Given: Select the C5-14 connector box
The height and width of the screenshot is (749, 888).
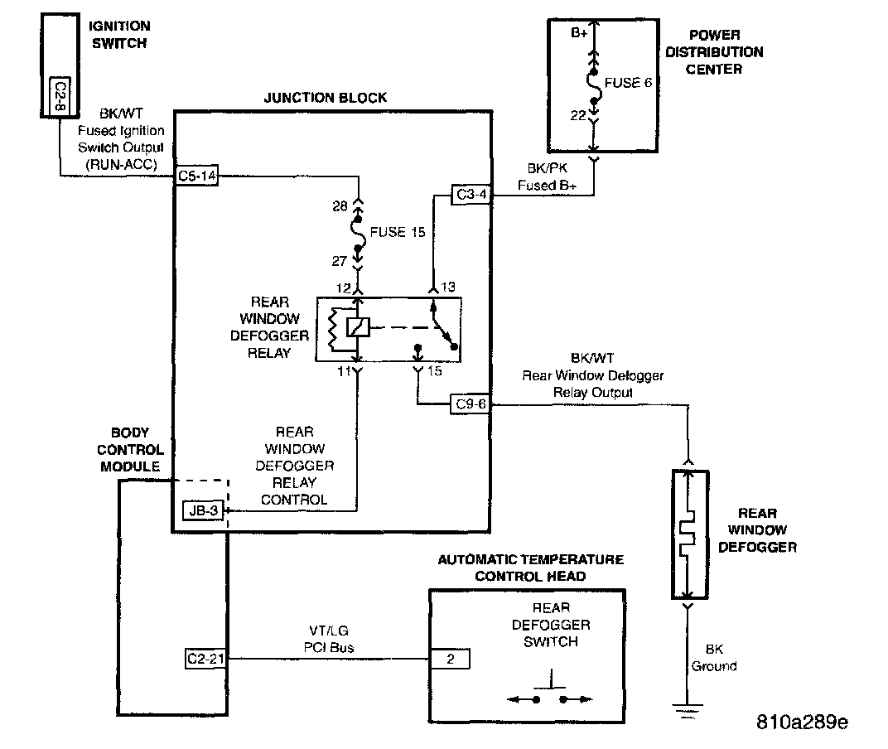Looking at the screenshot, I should click(x=197, y=176).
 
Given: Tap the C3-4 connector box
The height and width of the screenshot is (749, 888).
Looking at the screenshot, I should click(x=471, y=195).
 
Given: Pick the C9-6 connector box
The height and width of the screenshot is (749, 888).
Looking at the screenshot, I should click(x=471, y=404).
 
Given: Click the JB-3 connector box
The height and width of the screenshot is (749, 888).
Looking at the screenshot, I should click(x=203, y=510).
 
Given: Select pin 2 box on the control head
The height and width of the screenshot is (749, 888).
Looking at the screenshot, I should click(x=449, y=659).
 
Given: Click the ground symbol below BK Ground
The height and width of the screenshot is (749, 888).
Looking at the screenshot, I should click(x=687, y=709).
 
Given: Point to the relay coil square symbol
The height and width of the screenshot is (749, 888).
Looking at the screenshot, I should click(x=358, y=326).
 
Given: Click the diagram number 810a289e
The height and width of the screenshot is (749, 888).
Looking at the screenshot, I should click(x=801, y=721).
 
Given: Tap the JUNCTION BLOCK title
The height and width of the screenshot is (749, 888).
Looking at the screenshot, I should click(x=326, y=98).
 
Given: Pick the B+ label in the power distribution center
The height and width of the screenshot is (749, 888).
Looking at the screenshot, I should click(x=580, y=35).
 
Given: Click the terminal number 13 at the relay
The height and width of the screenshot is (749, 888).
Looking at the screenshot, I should click(x=449, y=287).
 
